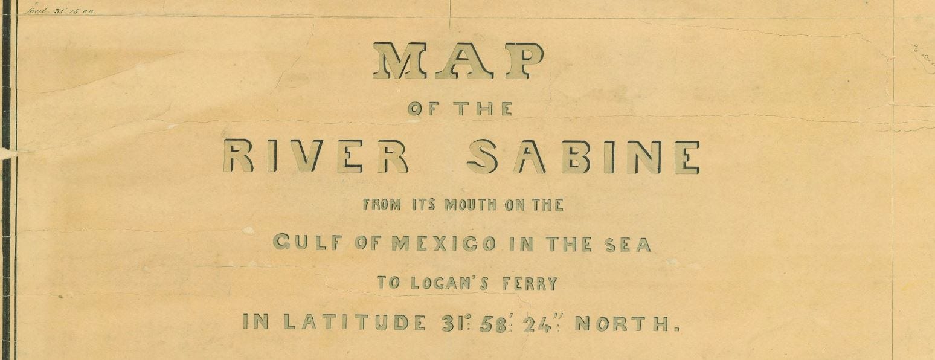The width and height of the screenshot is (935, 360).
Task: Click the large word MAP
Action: pyautogui.click(x=458, y=61)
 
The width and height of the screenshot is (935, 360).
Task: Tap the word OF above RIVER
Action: pyautogui.click(x=425, y=109)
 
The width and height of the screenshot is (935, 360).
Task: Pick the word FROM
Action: pyautogui.click(x=382, y=205)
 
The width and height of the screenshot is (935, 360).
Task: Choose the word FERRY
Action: pyautogui.click(x=530, y=283)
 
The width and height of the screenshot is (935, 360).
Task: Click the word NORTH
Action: pyautogui.click(x=625, y=323)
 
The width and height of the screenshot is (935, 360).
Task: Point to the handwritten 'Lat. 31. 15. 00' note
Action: pyautogui.click(x=59, y=10)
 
